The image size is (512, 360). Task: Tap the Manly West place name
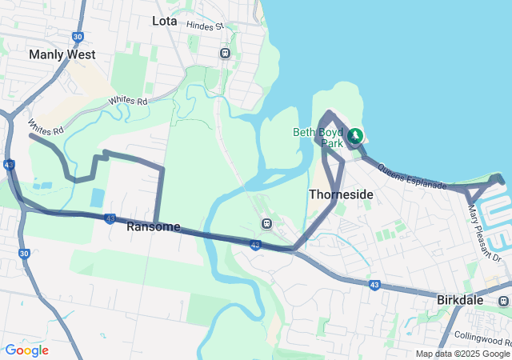pyautogui.click(x=62, y=54)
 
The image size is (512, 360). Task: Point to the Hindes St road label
pyautogui.click(x=205, y=26)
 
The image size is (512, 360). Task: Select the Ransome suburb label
pyautogui.click(x=153, y=227)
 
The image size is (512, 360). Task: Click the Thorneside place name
pyautogui.click(x=341, y=194)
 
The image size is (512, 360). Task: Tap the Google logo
pyautogui.click(x=26, y=350)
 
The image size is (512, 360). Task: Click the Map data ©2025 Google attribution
pyautogui.click(x=462, y=354)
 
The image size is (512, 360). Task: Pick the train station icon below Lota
pyautogui.click(x=225, y=53)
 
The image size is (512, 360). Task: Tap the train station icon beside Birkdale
pyautogui.click(x=503, y=301)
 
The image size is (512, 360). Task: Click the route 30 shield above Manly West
pyautogui.click(x=78, y=37)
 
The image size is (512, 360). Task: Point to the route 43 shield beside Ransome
pyautogui.click(x=110, y=218)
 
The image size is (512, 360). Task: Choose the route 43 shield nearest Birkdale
pyautogui.click(x=374, y=284)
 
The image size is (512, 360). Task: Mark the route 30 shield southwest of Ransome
pyautogui.click(x=24, y=254)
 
